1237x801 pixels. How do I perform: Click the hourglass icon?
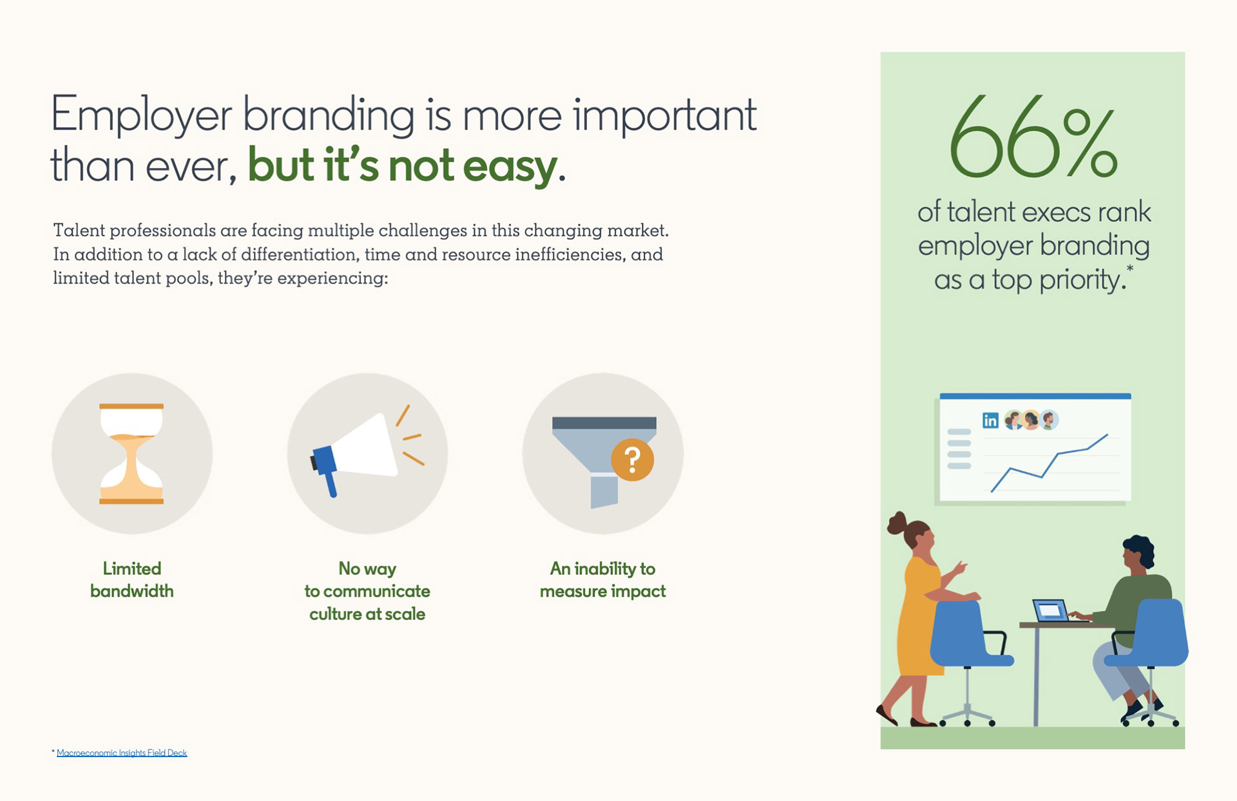coord(131,454)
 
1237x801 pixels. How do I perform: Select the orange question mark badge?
coord(633,459)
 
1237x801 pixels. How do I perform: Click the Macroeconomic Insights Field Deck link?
coord(122,753)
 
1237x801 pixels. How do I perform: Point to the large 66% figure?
coord(1033,137)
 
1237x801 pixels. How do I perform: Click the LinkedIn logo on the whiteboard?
coord(990,421)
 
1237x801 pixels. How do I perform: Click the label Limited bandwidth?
coord(132,580)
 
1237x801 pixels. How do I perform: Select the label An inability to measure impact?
coord(603,580)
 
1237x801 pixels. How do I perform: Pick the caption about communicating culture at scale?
coord(367,591)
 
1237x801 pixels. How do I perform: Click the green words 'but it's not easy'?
coord(403,166)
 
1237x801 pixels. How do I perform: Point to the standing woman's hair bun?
coord(897,523)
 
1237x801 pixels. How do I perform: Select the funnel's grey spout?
coord(604,491)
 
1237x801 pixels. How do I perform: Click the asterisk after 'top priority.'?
coord(1129,269)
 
